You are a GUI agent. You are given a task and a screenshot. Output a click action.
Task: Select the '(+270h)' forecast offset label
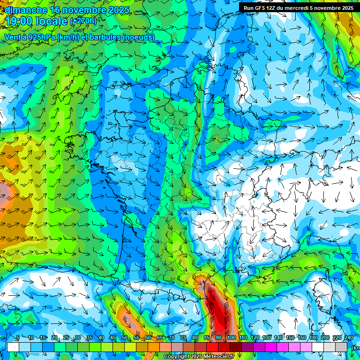[83, 21]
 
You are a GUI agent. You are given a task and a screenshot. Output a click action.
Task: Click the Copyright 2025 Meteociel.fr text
[199, 357]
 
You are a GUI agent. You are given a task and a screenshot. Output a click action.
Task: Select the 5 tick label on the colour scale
[18, 338]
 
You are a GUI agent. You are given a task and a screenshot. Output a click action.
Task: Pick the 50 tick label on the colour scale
[125, 338]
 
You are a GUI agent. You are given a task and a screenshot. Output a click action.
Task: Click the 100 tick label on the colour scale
[231, 338]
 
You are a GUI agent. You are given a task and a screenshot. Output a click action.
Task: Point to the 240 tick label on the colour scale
[348, 338]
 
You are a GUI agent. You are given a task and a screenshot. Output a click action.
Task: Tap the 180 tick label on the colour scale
[313, 338]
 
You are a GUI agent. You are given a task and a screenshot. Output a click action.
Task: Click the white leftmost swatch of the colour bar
[13, 347]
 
